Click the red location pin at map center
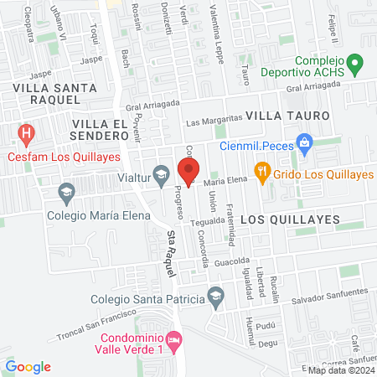188,171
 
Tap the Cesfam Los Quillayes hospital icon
27,133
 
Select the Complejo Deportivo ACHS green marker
354,63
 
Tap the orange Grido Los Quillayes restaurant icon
263,174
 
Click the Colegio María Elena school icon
65,194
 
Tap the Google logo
28,366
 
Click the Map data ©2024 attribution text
340,370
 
